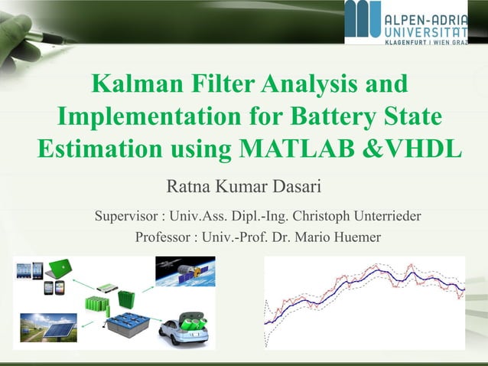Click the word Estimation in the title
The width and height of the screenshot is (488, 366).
click(96, 147)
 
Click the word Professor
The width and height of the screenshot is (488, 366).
click(164, 237)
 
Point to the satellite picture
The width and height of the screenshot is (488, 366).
click(185, 271)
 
